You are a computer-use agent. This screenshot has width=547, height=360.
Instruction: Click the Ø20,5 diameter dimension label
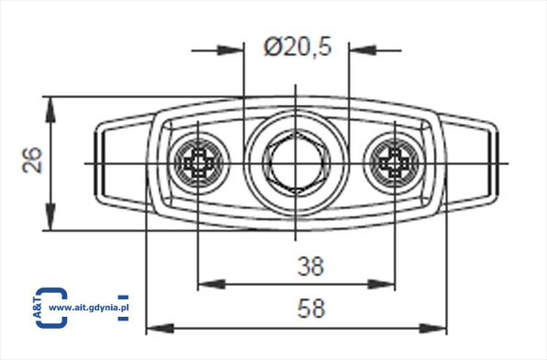tap(297, 47)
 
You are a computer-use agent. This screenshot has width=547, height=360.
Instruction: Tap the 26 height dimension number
tap(32, 161)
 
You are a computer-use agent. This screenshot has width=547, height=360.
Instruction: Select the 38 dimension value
tap(310, 266)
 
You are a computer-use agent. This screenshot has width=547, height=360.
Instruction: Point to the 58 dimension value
tap(311, 308)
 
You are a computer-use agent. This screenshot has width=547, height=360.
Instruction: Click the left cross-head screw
tap(199, 163)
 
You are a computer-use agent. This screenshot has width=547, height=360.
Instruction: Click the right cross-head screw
tap(394, 163)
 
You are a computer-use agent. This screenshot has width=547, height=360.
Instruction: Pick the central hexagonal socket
tap(296, 163)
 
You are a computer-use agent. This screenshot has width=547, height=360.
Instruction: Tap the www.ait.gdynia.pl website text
tap(89, 308)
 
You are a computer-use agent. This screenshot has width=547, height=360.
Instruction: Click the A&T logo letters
tap(38, 308)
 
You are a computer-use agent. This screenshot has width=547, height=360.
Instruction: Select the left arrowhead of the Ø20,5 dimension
tap(230, 51)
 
